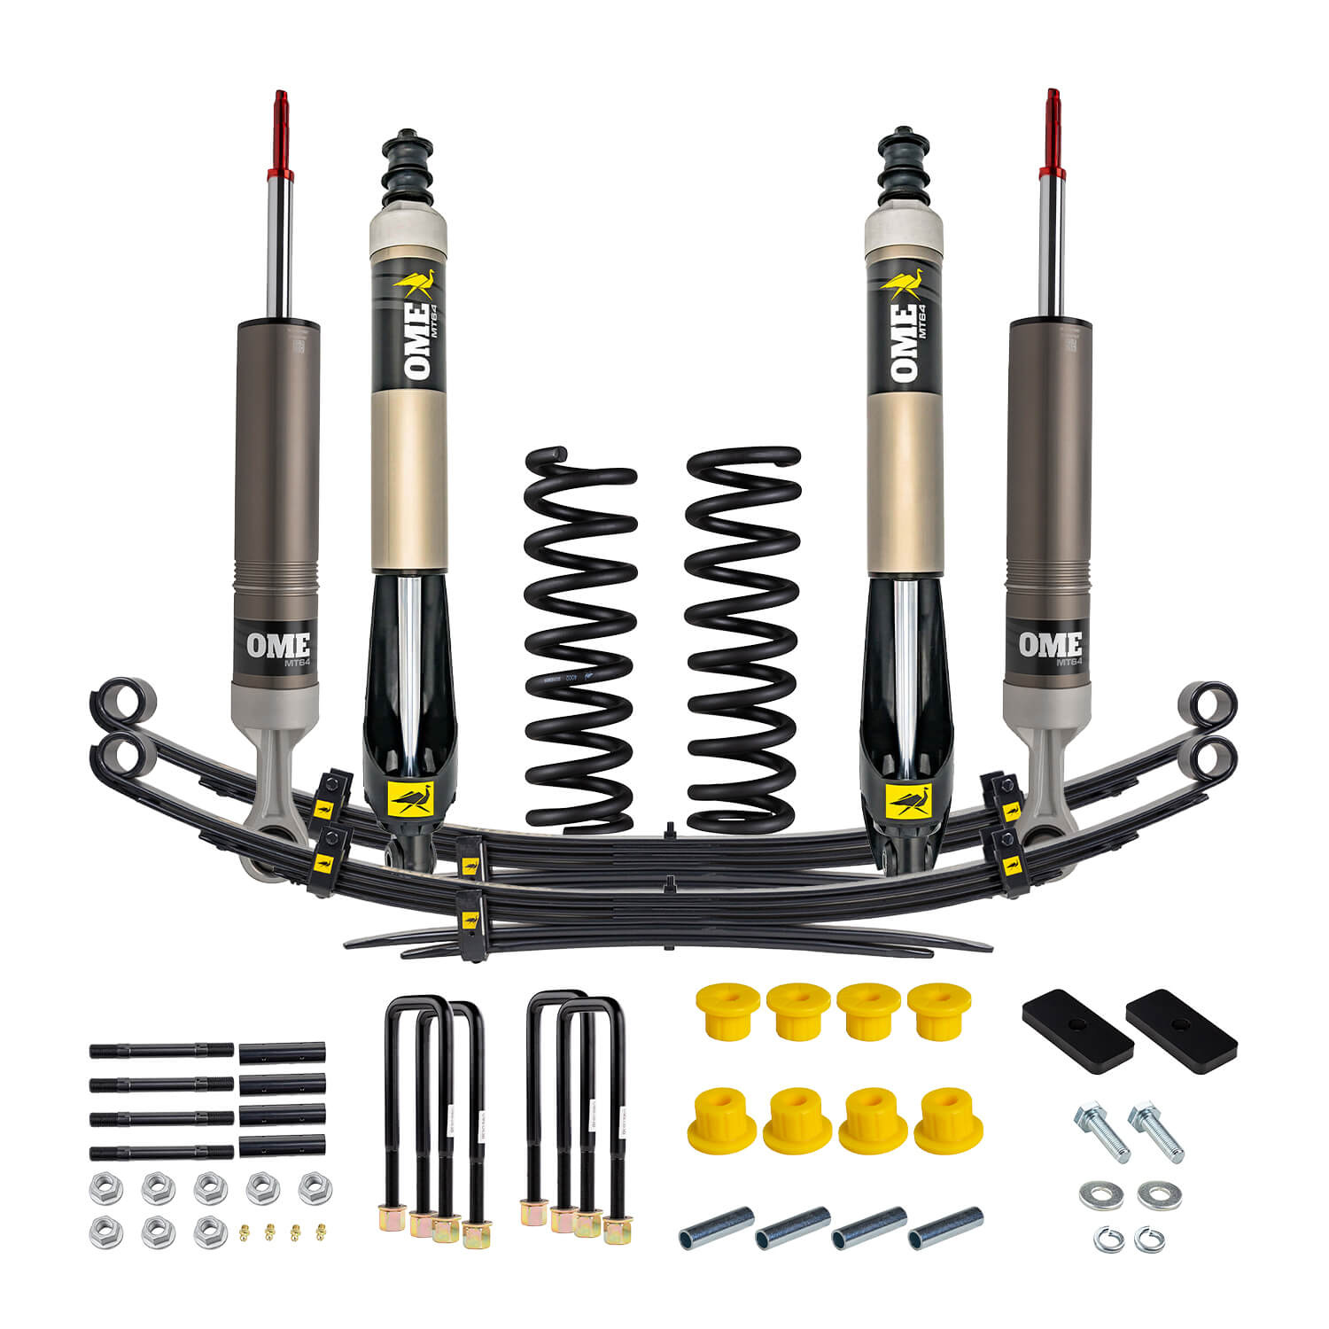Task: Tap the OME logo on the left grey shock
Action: (278, 645)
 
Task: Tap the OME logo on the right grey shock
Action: (1051, 645)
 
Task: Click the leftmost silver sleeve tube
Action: (716, 1227)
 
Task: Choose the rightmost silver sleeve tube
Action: (945, 1227)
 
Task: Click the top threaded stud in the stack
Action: (161, 1051)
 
